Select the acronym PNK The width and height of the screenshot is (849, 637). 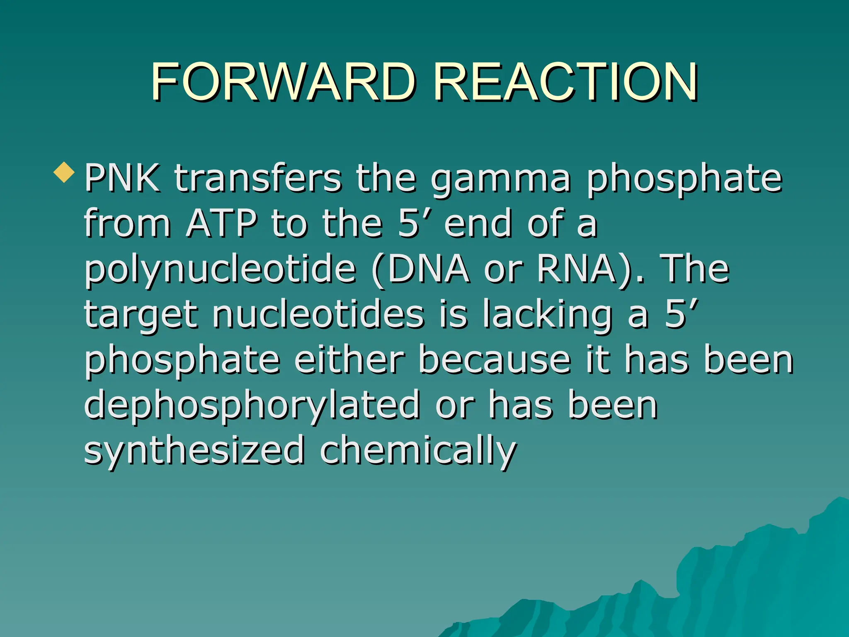click(122, 178)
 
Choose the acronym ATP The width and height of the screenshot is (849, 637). click(222, 224)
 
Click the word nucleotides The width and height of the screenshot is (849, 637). click(318, 314)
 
